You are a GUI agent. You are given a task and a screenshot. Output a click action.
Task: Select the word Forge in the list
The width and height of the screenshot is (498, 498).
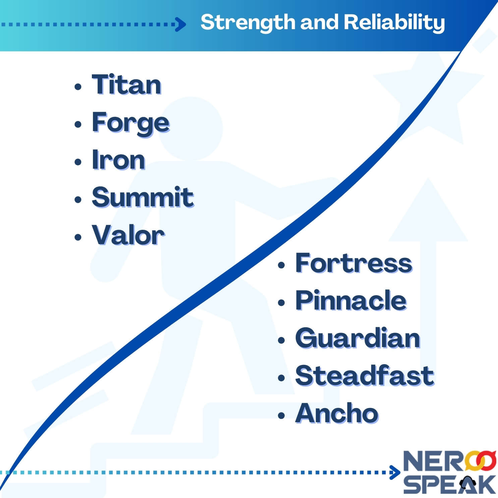point(130,123)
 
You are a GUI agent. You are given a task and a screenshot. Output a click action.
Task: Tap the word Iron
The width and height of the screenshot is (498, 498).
point(118,160)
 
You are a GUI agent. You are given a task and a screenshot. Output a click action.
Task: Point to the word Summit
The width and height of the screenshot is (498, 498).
point(143,197)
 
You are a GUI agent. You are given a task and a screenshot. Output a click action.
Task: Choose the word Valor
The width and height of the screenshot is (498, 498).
point(128,235)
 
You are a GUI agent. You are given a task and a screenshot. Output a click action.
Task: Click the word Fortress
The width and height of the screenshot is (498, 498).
point(353,263)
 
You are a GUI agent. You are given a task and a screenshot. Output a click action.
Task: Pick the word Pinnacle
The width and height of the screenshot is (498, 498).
point(351,300)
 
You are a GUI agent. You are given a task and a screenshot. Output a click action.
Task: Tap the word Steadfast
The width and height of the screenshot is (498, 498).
point(365,376)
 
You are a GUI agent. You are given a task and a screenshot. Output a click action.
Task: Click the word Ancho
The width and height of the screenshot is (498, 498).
point(337,413)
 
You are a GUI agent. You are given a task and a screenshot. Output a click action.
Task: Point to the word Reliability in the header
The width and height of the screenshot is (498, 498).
point(394,22)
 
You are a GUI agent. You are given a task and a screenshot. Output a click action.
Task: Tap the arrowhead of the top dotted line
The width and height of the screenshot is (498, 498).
point(181,24)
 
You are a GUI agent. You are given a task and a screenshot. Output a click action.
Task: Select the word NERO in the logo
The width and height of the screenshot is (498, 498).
point(436,462)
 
